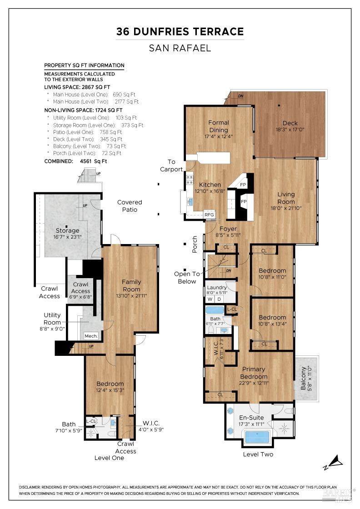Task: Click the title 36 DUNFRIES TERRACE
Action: tap(180, 31)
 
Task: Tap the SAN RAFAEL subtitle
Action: tap(180, 48)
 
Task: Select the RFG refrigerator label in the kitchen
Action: tap(209, 215)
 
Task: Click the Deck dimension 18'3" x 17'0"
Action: tap(290, 130)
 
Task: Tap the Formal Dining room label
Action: tap(219, 126)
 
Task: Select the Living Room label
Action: tap(286, 198)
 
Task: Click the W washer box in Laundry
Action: tap(210, 299)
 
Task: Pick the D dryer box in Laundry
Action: tap(219, 299)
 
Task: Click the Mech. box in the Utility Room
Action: tap(91, 336)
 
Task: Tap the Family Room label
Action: tap(131, 285)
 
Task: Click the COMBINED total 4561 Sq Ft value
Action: tap(93, 161)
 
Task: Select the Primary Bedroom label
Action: tap(254, 373)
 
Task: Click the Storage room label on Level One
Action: tap(68, 230)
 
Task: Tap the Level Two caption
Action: tap(258, 454)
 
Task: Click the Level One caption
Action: tap(109, 458)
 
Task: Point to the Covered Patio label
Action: tap(130, 206)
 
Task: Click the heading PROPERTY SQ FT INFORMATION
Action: tap(84, 65)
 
